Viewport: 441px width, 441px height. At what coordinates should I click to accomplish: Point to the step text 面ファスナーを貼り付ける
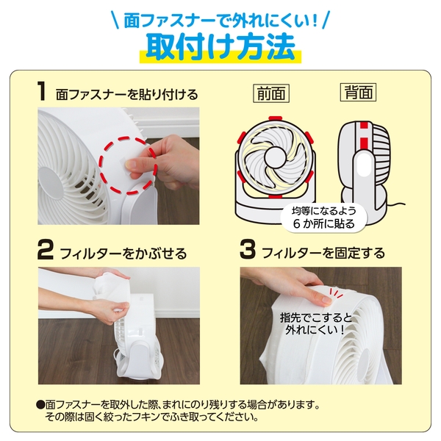click(x=126, y=94)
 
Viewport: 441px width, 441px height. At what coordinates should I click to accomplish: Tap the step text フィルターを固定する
click(x=323, y=254)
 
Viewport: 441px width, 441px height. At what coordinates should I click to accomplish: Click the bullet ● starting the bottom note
click(x=40, y=405)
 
